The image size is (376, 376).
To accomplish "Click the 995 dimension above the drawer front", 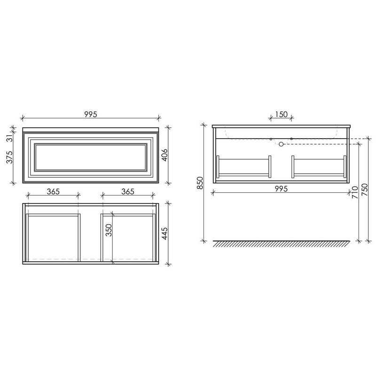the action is pyautogui.click(x=91, y=115).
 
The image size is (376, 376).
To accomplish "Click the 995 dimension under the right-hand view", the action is pyautogui.click(x=281, y=189).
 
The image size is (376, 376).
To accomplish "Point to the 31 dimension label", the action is pyautogui.click(x=9, y=138).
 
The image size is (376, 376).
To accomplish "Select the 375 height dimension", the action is pyautogui.click(x=9, y=157).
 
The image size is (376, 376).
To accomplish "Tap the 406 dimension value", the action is pyautogui.click(x=164, y=155).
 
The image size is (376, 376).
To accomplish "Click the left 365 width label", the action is pyautogui.click(x=53, y=192).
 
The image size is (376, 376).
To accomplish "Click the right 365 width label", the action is pyautogui.click(x=127, y=192).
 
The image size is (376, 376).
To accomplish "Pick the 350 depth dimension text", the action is pyautogui.click(x=109, y=230).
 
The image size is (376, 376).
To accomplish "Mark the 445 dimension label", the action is pyautogui.click(x=164, y=234).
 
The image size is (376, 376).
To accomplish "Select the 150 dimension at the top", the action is pyautogui.click(x=281, y=115).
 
